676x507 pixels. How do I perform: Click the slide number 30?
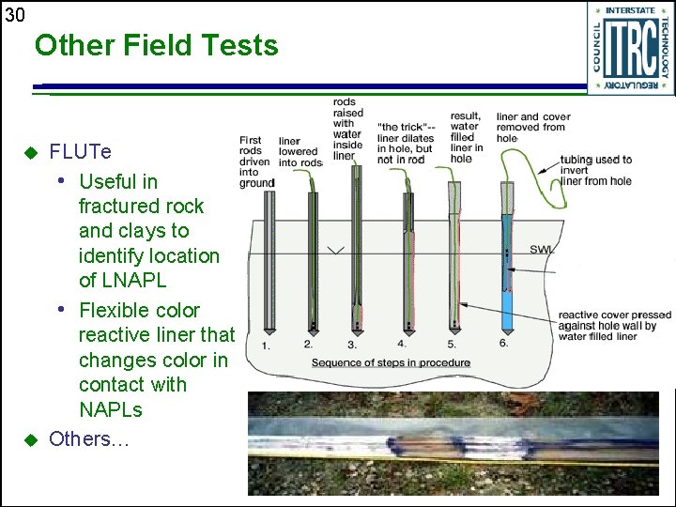(14, 14)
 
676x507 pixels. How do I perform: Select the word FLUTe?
(80, 152)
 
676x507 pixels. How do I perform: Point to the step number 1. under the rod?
(267, 346)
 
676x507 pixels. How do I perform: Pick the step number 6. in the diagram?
(504, 343)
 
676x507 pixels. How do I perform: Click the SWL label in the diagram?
(542, 249)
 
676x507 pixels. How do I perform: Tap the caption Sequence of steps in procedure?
(391, 362)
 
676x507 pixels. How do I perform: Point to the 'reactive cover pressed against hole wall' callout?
(614, 325)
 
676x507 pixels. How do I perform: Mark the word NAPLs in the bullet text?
(111, 409)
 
